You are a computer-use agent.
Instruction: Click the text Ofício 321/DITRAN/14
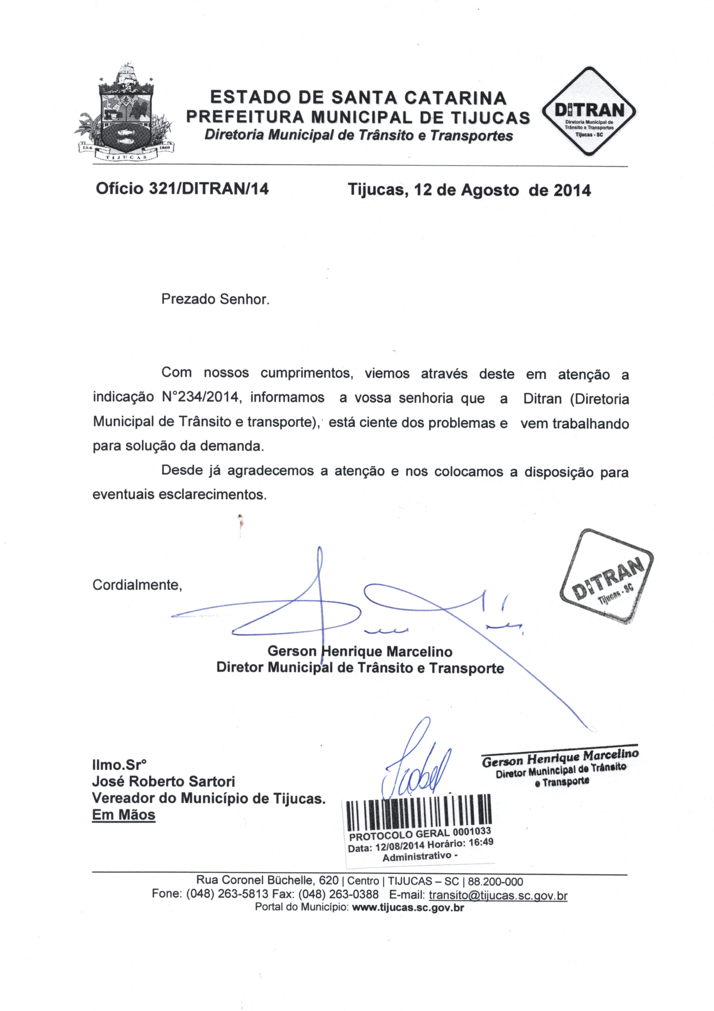click(x=182, y=189)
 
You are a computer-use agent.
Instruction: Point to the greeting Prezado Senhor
click(x=215, y=299)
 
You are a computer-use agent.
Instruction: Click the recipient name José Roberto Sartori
click(x=163, y=782)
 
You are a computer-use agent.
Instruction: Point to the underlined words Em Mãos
click(x=124, y=815)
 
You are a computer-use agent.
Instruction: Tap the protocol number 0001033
click(x=472, y=831)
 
